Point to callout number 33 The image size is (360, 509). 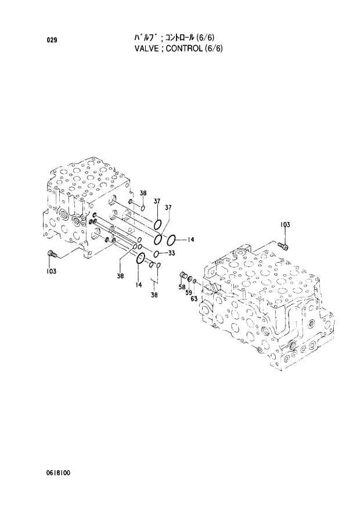click(171, 253)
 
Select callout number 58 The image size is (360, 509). click(182, 287)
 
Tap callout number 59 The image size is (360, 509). click(188, 293)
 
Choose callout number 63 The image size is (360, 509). click(194, 298)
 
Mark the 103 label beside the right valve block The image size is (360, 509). click(285, 224)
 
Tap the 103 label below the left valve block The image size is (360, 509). click(52, 271)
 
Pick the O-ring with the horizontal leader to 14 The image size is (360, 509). click(172, 239)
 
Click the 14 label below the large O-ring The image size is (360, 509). click(138, 285)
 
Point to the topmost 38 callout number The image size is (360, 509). click(142, 193)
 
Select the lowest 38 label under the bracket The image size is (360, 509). click(154, 295)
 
